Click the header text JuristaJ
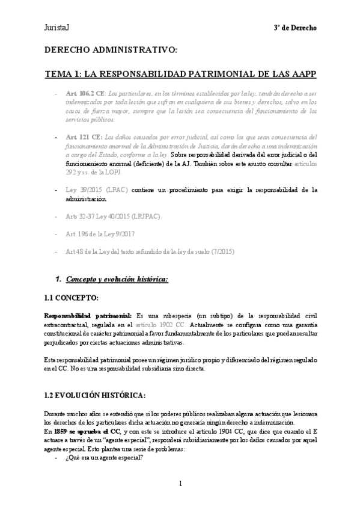click(x=57, y=28)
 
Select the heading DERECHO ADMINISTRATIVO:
click(x=111, y=52)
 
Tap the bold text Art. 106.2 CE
click(x=84, y=94)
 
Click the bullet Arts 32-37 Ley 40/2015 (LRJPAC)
click(x=114, y=215)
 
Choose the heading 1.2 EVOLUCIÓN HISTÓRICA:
click(x=94, y=395)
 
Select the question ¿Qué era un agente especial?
click(x=103, y=456)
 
